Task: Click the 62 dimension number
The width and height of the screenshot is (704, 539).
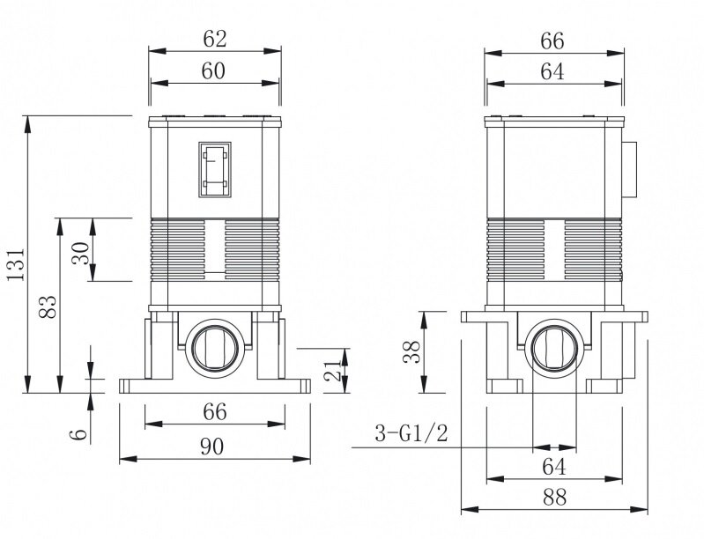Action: click(x=215, y=39)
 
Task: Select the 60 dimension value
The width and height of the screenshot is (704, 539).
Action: click(x=213, y=71)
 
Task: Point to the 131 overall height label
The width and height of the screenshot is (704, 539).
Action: click(x=16, y=264)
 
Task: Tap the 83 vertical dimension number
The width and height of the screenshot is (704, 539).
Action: click(x=48, y=307)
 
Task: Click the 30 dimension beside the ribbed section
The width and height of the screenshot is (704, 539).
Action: click(x=81, y=254)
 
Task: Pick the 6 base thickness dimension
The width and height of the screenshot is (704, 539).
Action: click(x=78, y=433)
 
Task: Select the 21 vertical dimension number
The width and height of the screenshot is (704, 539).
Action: click(x=333, y=370)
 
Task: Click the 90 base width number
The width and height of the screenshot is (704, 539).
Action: click(x=212, y=447)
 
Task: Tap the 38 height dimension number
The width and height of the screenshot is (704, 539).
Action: click(x=411, y=352)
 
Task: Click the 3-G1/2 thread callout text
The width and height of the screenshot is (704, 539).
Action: click(x=411, y=433)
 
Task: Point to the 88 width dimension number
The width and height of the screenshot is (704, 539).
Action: click(x=554, y=498)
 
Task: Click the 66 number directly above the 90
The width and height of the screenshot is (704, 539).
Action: click(x=215, y=412)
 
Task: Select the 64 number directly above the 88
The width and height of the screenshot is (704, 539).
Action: click(x=554, y=467)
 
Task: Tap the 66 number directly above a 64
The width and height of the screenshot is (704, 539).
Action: click(x=552, y=41)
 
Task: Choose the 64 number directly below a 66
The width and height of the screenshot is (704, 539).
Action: click(x=552, y=71)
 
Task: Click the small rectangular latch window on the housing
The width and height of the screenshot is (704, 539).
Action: click(x=215, y=170)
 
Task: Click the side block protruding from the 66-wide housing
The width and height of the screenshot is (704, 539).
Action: click(x=629, y=170)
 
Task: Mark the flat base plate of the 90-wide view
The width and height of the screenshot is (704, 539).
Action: click(x=215, y=386)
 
